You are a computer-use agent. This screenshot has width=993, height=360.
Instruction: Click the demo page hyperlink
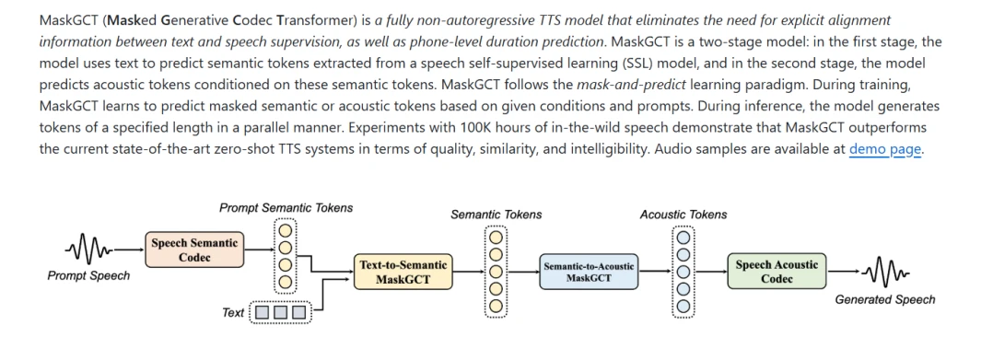[884, 150]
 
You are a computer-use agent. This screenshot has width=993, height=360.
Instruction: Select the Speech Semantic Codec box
[194, 250]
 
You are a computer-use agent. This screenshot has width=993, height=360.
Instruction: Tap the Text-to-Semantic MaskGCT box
[403, 272]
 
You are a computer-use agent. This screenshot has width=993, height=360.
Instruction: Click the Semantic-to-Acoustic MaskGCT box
[589, 272]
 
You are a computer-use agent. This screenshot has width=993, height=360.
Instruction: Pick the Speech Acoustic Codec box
[777, 272]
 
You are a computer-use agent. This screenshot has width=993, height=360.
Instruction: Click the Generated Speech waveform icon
[884, 272]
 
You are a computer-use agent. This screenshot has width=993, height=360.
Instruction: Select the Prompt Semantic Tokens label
[286, 207]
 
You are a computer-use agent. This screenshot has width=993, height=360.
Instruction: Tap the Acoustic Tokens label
[683, 215]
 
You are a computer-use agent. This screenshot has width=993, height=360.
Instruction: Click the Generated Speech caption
[884, 300]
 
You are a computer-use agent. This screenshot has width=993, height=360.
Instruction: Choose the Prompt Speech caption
[88, 276]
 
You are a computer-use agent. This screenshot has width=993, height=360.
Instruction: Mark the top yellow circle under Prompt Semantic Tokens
[286, 229]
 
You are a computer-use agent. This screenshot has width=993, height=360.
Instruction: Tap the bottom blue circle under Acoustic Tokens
[683, 307]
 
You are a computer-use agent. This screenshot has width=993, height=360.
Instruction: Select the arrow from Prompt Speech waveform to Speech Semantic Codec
[129, 250]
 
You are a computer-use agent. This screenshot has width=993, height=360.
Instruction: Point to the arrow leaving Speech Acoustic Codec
[844, 272]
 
